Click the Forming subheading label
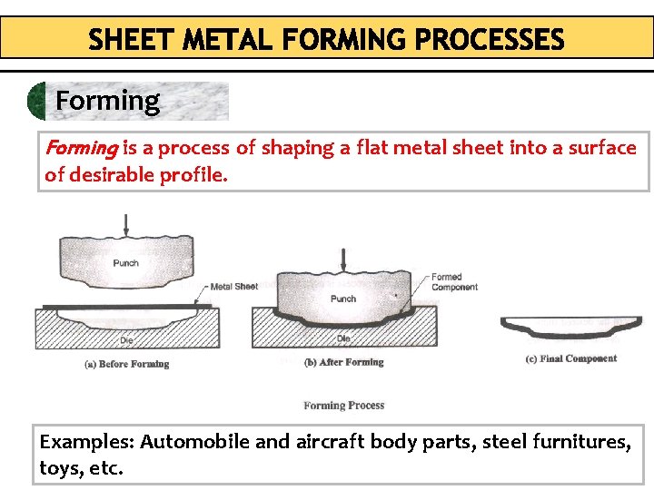click(107, 100)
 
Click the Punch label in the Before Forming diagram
click(126, 263)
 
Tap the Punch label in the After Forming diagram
click(343, 299)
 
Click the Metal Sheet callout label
click(234, 287)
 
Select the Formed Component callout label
click(454, 282)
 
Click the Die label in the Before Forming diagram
click(127, 340)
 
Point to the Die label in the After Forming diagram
click(343, 338)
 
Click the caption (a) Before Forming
click(127, 364)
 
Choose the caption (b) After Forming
click(343, 362)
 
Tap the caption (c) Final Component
click(571, 358)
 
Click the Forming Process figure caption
click(344, 406)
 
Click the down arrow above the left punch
click(126, 220)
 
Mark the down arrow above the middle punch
click(343, 258)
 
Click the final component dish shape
click(571, 328)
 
